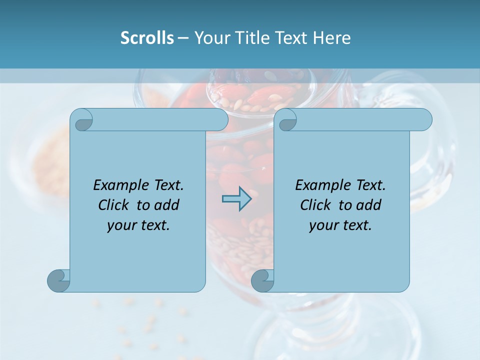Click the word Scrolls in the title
(147, 38)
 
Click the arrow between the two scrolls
(236, 199)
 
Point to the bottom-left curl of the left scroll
(58, 280)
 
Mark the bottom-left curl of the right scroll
(262, 280)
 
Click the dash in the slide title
(183, 38)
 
